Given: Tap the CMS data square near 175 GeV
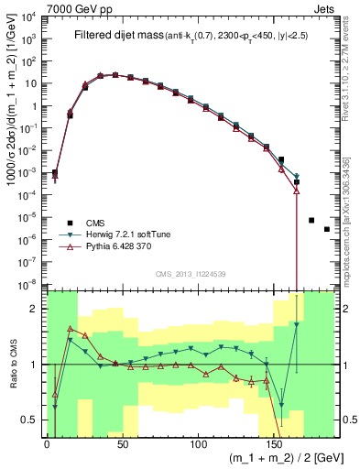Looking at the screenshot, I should (x=311, y=220).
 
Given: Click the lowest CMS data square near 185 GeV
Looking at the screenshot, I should (x=326, y=229).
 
